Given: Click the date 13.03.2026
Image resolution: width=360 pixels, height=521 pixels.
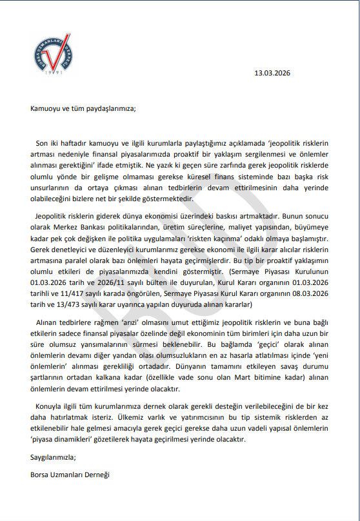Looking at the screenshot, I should pyautogui.click(x=273, y=73).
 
